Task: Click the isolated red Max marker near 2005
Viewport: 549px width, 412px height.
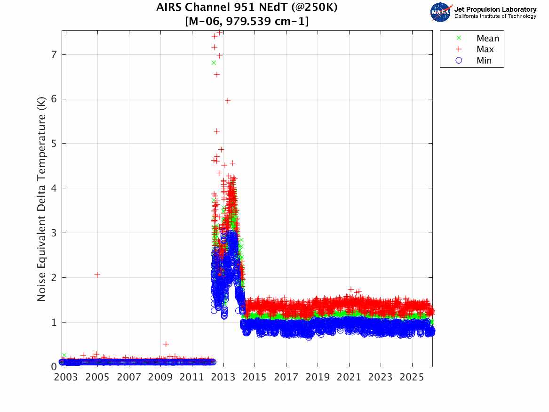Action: [x=97, y=275]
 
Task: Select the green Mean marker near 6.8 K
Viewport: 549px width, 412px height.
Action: [x=214, y=63]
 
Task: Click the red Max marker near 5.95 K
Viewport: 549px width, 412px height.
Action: [x=228, y=100]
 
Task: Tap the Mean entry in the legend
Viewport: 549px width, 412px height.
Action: [x=487, y=39]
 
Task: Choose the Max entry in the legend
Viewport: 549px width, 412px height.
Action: [x=485, y=49]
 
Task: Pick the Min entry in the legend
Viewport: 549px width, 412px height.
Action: [x=484, y=60]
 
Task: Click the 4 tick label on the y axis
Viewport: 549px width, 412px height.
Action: [x=55, y=188]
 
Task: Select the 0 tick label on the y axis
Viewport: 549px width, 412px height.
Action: [x=55, y=367]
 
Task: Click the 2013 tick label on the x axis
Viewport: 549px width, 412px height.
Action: [x=223, y=377]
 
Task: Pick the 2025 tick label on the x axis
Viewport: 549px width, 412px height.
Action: [x=412, y=377]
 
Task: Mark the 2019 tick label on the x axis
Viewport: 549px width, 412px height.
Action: [x=318, y=377]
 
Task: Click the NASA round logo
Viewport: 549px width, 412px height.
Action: [x=441, y=12]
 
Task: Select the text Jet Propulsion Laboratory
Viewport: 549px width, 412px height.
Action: [x=495, y=9]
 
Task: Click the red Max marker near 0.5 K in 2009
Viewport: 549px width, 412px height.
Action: [x=166, y=344]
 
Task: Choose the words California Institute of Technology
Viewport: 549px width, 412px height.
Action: [x=495, y=16]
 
